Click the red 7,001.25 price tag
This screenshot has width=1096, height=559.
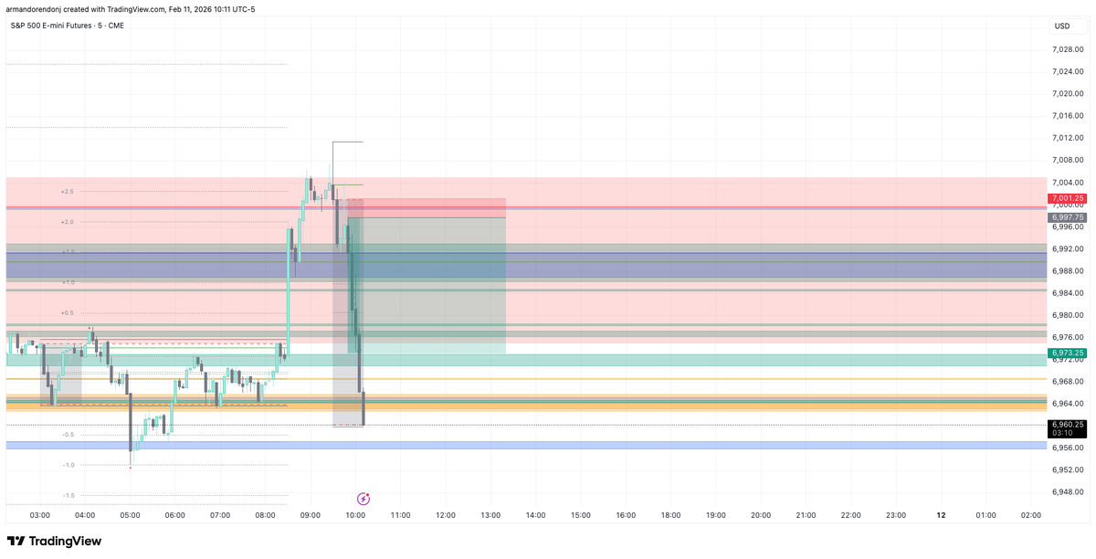click(1067, 198)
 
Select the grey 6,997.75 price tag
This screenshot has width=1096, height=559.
click(1067, 217)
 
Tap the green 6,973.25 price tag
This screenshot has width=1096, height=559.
click(1067, 353)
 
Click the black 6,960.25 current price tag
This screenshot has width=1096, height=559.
click(1067, 425)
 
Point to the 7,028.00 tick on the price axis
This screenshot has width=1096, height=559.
click(1067, 49)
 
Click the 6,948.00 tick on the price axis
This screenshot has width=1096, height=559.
click(1067, 492)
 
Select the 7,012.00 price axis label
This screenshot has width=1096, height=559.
click(1067, 138)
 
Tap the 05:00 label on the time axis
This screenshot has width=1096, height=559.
click(130, 515)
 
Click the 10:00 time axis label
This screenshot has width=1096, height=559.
click(355, 515)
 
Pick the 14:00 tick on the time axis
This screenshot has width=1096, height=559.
click(535, 515)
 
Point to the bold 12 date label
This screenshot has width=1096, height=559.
click(941, 515)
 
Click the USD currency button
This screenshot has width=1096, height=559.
click(1062, 26)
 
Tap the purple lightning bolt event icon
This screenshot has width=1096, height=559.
click(364, 499)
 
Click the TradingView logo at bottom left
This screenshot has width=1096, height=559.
click(55, 542)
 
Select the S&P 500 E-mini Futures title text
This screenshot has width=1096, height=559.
click(66, 25)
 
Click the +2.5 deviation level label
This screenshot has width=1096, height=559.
click(67, 192)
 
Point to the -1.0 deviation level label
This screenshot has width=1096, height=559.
click(68, 465)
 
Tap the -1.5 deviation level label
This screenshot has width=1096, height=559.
click(68, 495)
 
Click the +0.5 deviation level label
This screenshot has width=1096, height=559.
click(67, 312)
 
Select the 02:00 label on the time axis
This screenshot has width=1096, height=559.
click(1030, 515)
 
